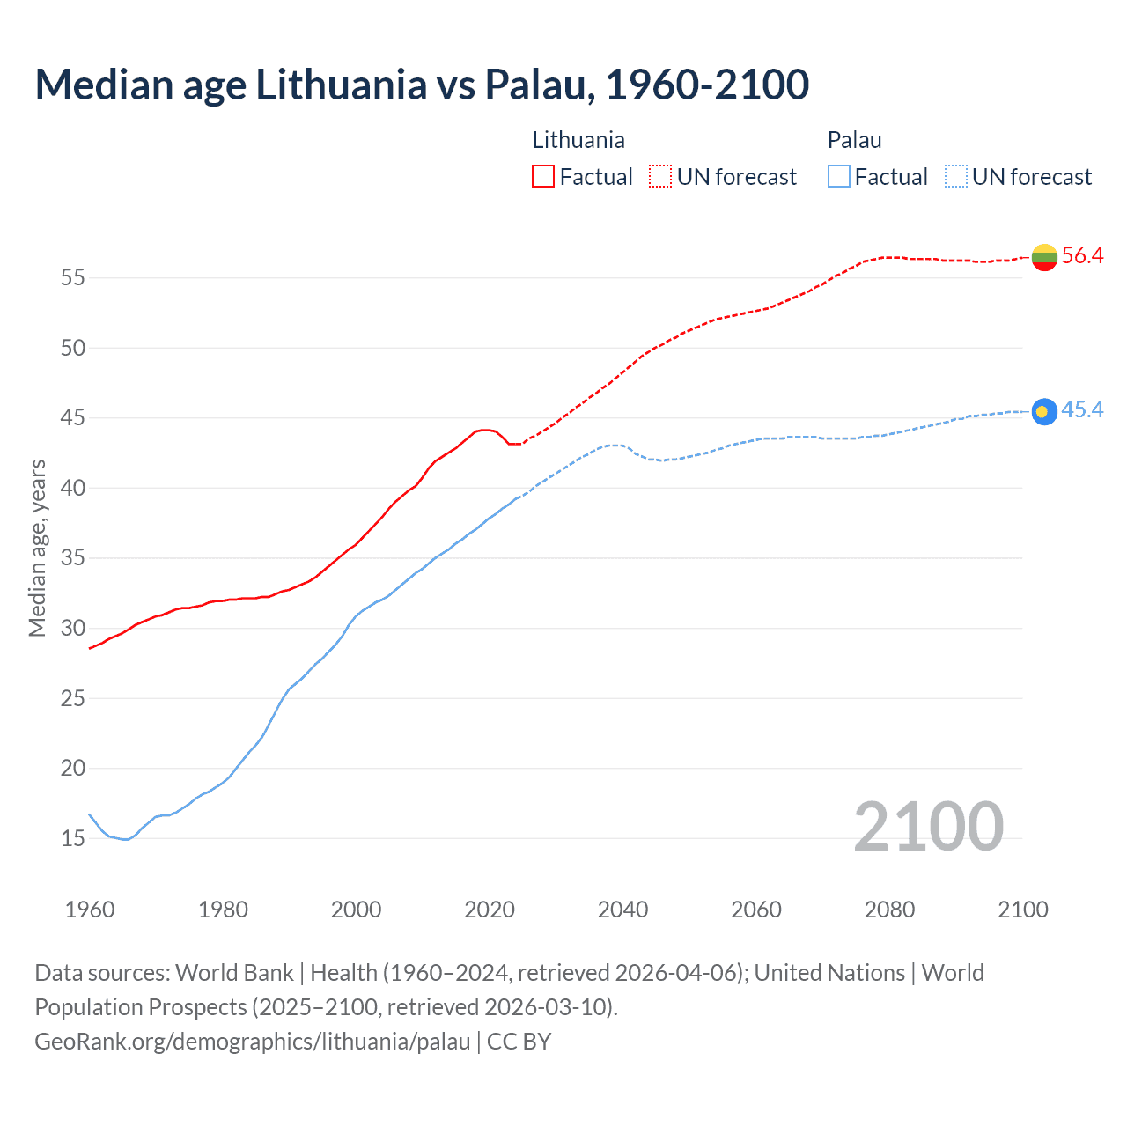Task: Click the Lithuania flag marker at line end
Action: [x=1044, y=257]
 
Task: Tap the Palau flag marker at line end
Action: [x=1044, y=411]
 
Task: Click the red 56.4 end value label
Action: [x=1082, y=256]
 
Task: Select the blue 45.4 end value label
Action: [x=1082, y=410]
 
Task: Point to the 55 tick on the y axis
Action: [x=73, y=278]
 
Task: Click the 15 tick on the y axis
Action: [x=73, y=838]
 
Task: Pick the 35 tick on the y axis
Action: [x=73, y=558]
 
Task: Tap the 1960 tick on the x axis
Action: [x=90, y=910]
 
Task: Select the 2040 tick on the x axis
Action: [x=622, y=910]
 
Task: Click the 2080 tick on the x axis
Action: [x=889, y=910]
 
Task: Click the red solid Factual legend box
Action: [x=543, y=177]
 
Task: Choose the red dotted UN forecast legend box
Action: [x=660, y=177]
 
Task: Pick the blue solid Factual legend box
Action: [x=839, y=177]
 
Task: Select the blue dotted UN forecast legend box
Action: [x=956, y=177]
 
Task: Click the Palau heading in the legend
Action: [x=854, y=140]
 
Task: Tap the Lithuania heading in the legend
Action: [x=578, y=140]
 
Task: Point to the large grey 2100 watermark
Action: [x=928, y=826]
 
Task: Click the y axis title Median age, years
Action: [x=37, y=548]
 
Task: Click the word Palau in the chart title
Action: [x=535, y=85]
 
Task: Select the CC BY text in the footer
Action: [x=519, y=1042]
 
